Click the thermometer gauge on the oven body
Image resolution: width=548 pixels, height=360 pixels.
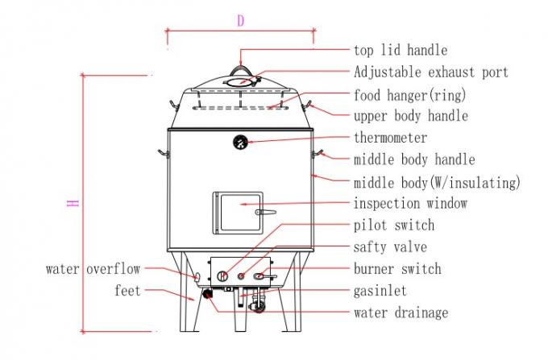click(240, 143)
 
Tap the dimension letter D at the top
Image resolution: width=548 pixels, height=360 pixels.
click(240, 21)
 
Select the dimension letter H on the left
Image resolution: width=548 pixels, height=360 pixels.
click(73, 203)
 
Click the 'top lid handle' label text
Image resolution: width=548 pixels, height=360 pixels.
click(401, 50)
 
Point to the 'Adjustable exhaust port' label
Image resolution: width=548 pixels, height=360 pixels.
click(431, 72)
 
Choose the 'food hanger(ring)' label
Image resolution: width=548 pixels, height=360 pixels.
click(409, 95)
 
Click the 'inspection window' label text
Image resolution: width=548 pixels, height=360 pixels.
click(410, 203)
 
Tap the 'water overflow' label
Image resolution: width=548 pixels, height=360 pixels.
click(93, 269)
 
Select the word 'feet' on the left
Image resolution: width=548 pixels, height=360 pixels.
click(127, 291)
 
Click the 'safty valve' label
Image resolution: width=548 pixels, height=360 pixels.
click(390, 247)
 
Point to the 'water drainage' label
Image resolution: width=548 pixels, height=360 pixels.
click(401, 312)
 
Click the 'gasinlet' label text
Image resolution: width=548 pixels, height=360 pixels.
click(380, 291)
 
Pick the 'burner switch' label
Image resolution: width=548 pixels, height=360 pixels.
click(397, 269)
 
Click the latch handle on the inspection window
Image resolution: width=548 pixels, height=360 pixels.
click(266, 212)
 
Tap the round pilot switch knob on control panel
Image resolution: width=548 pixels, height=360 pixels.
click(222, 276)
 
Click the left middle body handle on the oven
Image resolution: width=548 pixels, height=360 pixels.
click(164, 153)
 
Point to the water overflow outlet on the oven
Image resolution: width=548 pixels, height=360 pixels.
click(197, 277)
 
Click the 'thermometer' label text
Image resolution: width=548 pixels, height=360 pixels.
click(390, 138)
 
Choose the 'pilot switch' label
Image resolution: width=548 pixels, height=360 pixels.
click(394, 226)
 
